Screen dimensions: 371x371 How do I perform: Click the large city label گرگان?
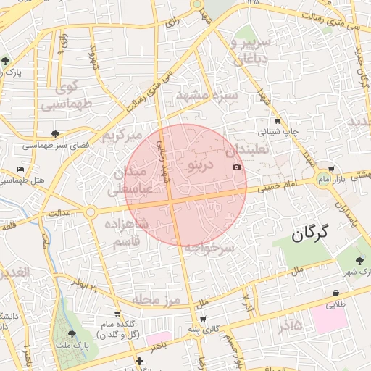(310, 233)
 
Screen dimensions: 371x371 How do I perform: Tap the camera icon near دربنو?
(236, 167)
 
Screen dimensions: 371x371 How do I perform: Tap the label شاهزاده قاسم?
(130, 233)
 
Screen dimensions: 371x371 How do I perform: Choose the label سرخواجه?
(209, 248)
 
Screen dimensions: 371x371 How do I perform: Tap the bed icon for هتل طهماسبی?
(21, 169)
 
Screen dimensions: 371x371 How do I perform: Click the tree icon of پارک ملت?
(71, 334)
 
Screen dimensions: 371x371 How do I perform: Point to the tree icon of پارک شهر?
(359, 259)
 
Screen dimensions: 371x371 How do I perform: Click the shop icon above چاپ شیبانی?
(278, 121)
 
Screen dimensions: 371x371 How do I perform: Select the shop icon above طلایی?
(335, 293)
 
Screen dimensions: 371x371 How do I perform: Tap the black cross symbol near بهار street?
(139, 360)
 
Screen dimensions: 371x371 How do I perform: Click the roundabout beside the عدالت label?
(91, 212)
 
